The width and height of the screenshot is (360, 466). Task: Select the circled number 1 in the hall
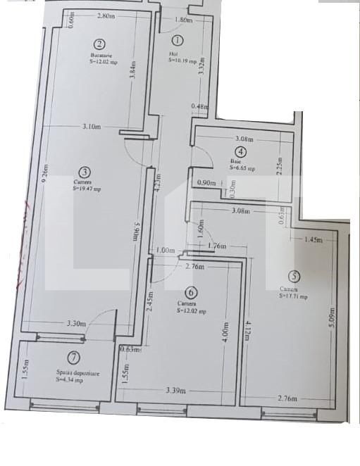(177, 42)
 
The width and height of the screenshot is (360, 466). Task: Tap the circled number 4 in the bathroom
(241, 151)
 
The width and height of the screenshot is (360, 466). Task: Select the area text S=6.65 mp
(242, 169)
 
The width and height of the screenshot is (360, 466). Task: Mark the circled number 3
(85, 171)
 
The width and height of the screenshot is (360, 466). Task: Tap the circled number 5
(293, 277)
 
